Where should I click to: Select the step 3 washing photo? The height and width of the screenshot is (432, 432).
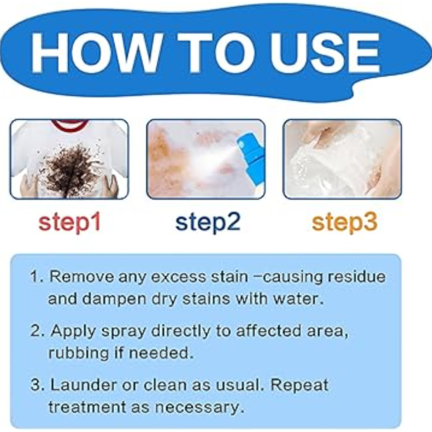(342, 159)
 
